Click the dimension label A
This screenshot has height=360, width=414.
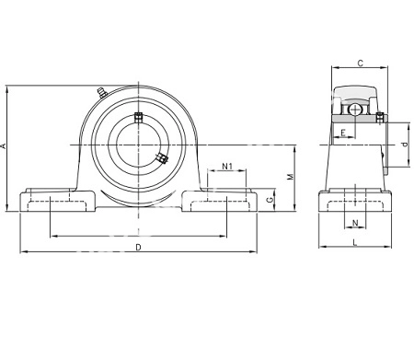[4, 145]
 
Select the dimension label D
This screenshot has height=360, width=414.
[138, 247]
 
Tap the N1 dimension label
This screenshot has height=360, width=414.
[227, 167]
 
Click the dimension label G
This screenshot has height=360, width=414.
[270, 200]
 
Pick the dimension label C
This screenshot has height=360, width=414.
[361, 64]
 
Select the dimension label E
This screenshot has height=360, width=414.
[343, 133]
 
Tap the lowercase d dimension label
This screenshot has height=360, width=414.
[406, 145]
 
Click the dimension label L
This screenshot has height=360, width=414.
[355, 242]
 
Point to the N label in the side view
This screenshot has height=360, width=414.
[355, 223]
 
